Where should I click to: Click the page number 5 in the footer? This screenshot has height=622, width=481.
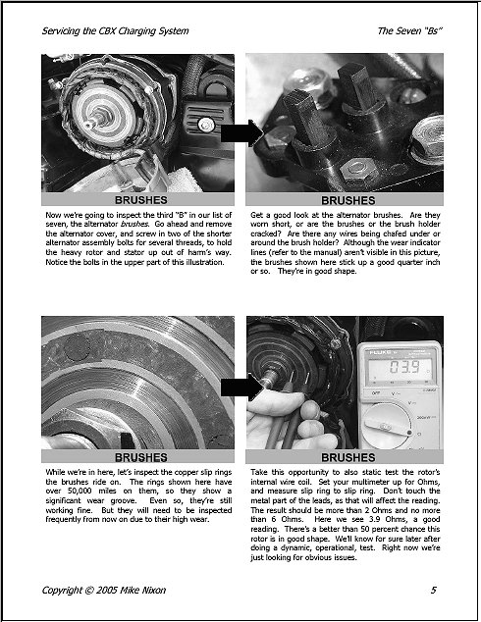[433, 591]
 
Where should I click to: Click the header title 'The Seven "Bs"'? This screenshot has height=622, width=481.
[409, 31]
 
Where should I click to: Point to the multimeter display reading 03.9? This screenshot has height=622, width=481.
[404, 367]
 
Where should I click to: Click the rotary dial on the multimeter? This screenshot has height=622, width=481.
[388, 426]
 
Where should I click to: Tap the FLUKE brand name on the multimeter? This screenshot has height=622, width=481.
[380, 352]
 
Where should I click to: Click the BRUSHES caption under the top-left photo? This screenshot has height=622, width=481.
[141, 200]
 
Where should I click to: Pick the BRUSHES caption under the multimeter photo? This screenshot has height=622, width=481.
[348, 457]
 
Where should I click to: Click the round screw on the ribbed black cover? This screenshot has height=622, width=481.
[206, 125]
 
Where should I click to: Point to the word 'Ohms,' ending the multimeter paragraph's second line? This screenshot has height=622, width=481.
[429, 482]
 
